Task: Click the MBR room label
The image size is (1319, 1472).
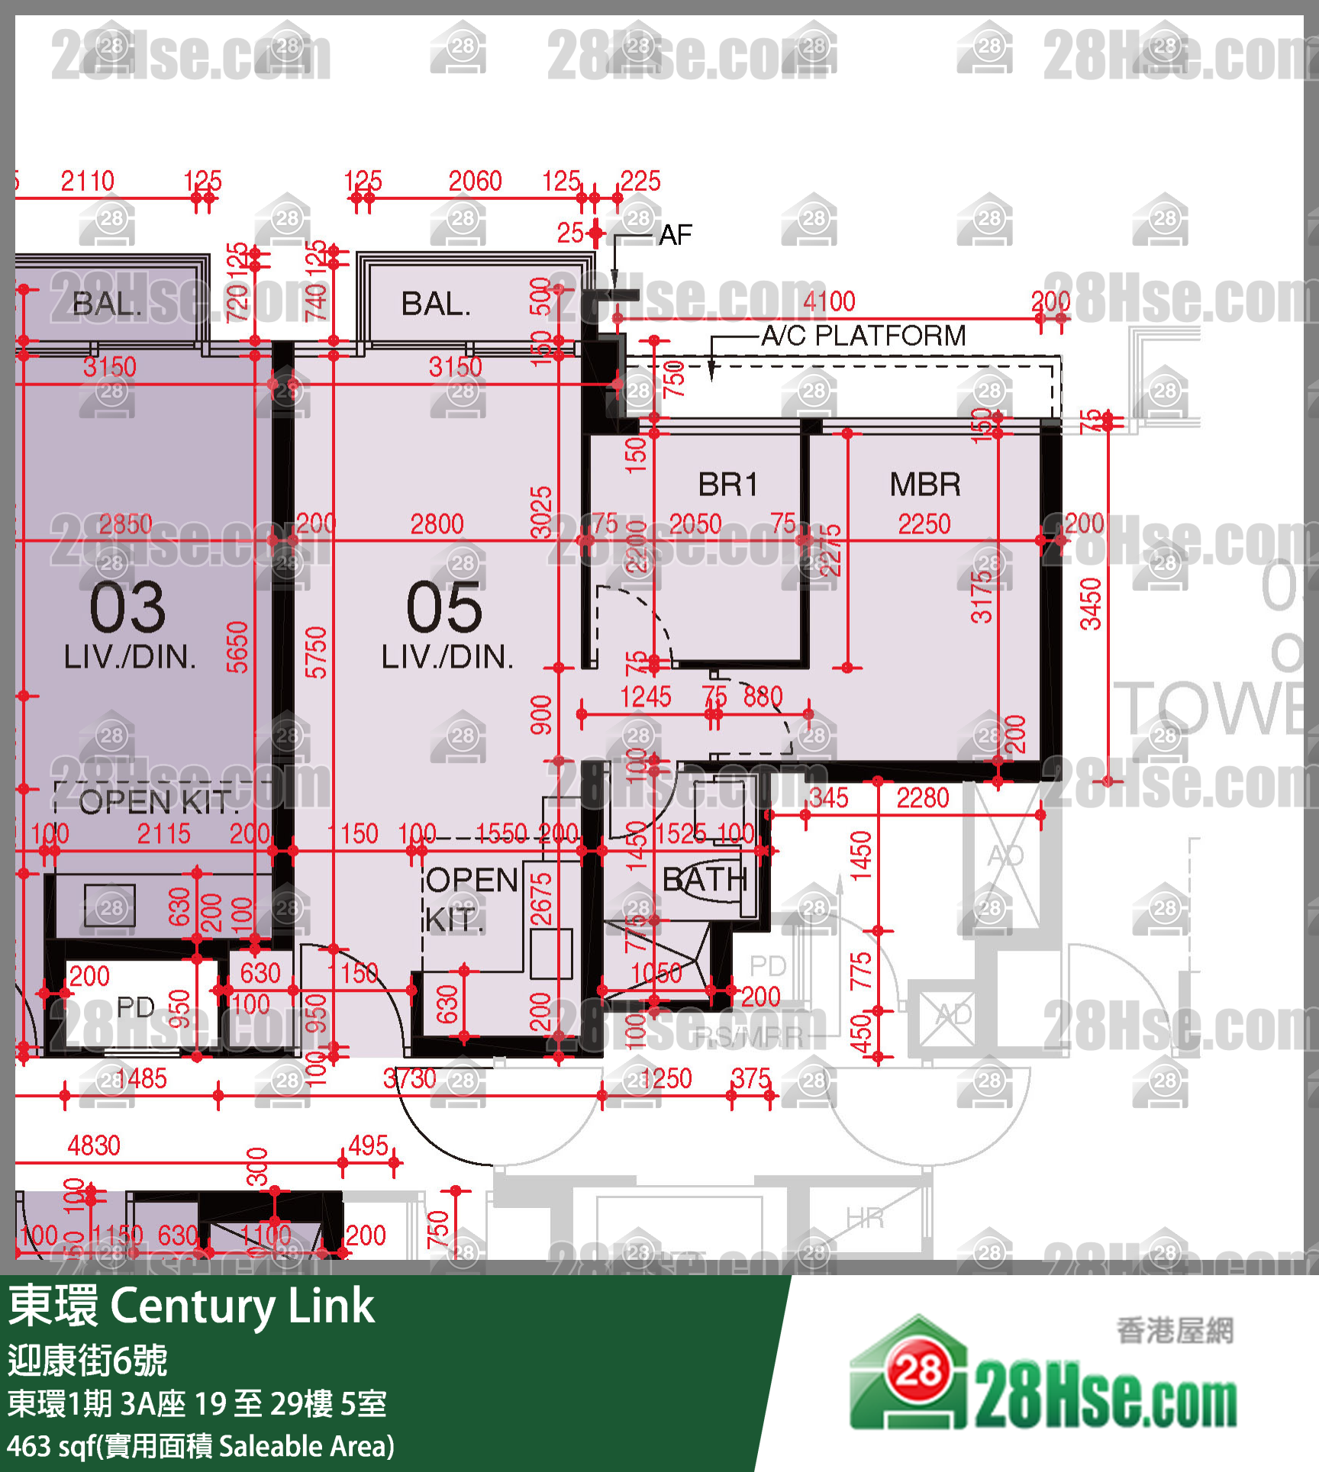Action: click(925, 485)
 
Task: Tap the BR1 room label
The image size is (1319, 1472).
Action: click(727, 485)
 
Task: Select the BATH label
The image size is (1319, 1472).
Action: click(704, 880)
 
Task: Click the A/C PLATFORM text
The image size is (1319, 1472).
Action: click(863, 336)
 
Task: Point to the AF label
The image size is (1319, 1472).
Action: click(676, 235)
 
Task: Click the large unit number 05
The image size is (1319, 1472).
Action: click(444, 607)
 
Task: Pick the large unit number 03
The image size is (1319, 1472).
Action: click(127, 607)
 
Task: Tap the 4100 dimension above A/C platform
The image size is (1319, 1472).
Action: click(829, 301)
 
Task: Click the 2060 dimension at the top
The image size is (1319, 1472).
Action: click(475, 182)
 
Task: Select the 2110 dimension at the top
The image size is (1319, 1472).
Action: click(88, 182)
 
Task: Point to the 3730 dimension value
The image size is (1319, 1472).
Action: click(410, 1078)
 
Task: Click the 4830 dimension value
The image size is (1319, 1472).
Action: click(94, 1145)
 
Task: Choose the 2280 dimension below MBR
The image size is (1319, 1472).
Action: click(922, 798)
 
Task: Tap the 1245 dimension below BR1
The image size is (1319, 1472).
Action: click(646, 697)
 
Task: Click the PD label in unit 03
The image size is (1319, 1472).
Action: click(135, 1007)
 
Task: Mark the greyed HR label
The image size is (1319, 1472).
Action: click(865, 1218)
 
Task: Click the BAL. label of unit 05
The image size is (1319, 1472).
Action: click(436, 304)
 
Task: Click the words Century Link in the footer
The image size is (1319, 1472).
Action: click(243, 1306)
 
